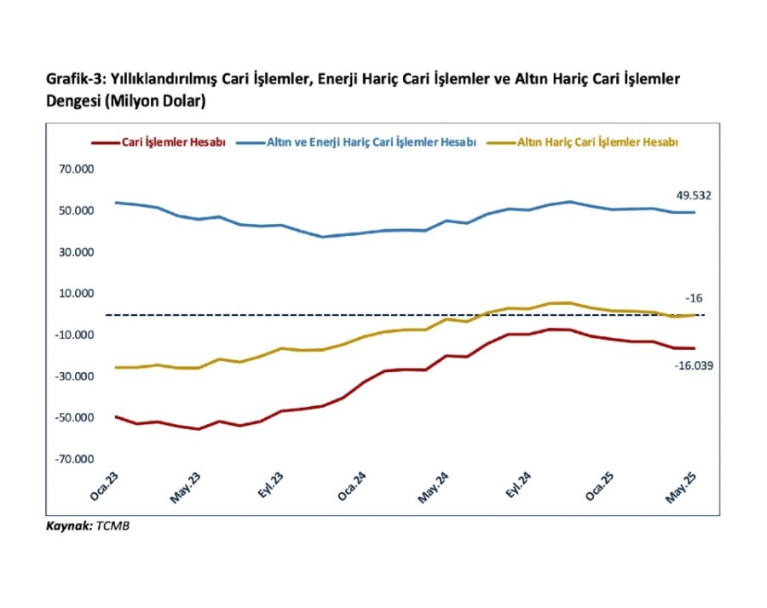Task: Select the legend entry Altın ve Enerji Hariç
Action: click(x=366, y=143)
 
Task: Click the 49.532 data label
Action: click(x=694, y=196)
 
